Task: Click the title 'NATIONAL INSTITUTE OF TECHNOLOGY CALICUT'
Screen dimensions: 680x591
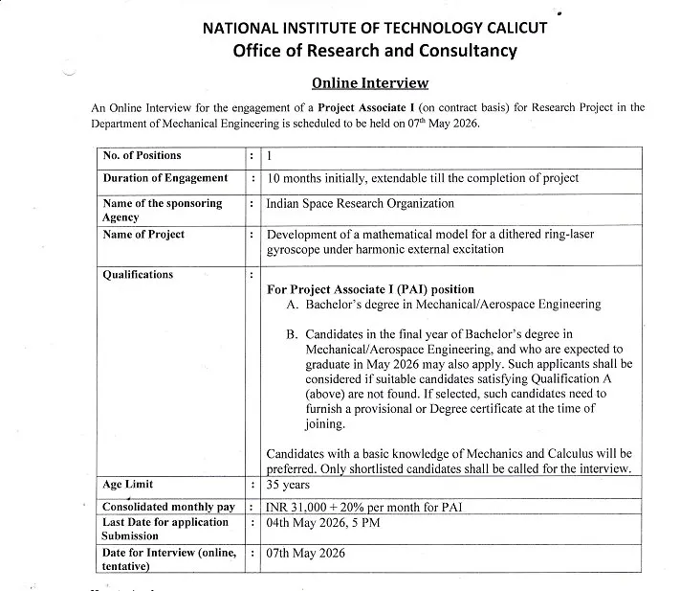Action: pos(375,27)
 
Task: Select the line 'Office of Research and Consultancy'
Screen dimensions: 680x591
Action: pos(375,50)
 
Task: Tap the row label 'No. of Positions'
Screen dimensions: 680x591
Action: pos(142,155)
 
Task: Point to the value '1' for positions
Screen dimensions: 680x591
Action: pos(270,155)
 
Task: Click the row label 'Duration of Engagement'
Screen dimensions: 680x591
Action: pos(165,178)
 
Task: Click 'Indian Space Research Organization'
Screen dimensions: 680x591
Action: pos(361,204)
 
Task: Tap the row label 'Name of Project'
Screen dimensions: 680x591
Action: pos(143,235)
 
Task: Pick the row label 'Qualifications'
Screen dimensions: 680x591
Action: pos(138,275)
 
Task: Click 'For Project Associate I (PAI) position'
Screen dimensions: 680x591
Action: pos(370,289)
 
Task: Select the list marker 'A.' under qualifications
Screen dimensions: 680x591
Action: pos(294,305)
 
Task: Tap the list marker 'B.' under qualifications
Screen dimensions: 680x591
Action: pos(294,334)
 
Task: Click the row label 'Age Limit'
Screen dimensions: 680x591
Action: pos(128,485)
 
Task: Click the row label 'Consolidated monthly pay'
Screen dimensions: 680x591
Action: pos(168,506)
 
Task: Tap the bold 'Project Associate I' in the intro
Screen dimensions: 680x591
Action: pos(371,106)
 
